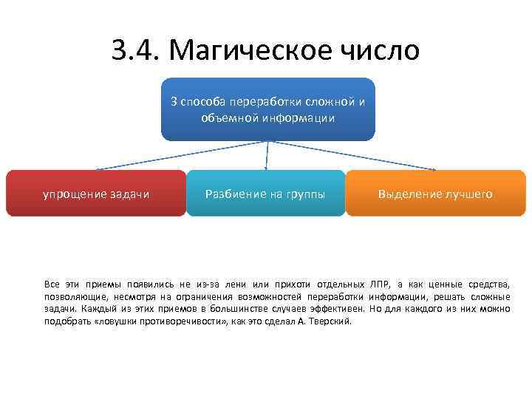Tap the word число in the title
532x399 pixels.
(383, 50)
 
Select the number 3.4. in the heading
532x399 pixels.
(138, 50)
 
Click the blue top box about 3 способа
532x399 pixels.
(267, 109)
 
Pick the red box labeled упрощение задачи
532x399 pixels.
(96, 193)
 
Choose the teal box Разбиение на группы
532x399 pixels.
(265, 193)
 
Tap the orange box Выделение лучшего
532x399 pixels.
(435, 193)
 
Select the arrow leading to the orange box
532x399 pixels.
(355, 156)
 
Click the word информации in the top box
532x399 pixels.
(304, 117)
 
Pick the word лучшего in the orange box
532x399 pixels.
(468, 194)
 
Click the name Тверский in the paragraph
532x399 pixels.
(332, 322)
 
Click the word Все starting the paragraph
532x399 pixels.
(52, 284)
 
